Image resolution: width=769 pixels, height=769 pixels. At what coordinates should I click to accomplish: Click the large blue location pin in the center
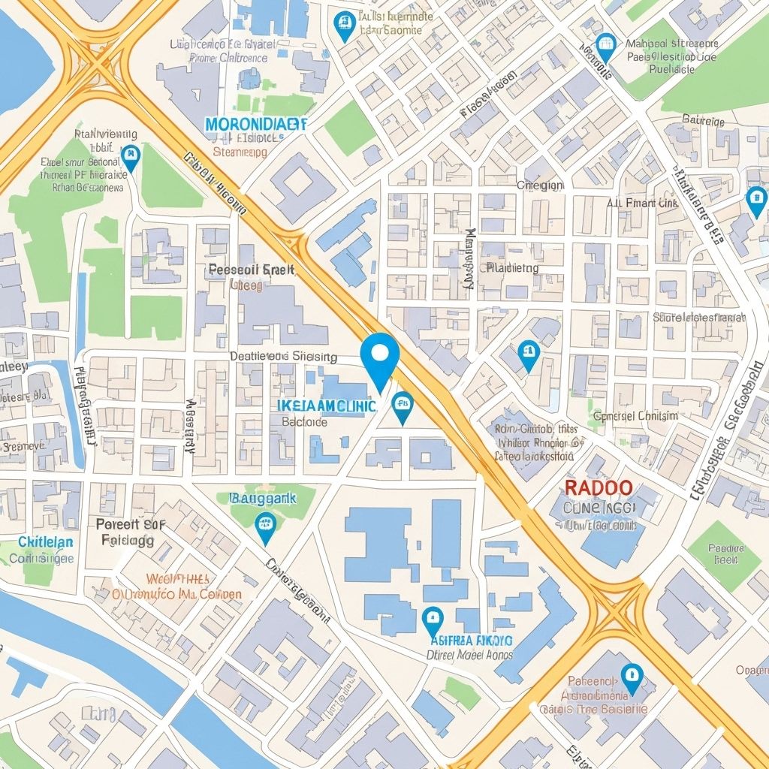pos(380,356)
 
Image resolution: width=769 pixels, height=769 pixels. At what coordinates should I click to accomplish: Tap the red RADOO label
pos(598,487)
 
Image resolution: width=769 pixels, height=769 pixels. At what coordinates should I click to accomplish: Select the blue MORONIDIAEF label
pos(256,123)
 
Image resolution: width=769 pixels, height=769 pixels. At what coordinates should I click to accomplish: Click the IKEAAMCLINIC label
pos(326,406)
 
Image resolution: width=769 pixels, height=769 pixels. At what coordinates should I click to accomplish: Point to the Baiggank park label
pos(262,497)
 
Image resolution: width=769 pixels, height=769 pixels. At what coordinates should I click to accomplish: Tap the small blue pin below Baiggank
pos(265,526)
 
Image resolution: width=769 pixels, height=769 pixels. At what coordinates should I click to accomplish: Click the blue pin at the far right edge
pos(756,200)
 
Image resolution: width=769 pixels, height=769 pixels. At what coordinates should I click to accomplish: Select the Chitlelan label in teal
pos(45,541)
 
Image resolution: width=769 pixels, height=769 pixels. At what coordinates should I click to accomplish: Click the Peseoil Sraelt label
pos(251,270)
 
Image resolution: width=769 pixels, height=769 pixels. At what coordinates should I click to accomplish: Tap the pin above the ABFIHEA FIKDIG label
pos(431,620)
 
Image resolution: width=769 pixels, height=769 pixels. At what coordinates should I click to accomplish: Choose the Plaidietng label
pos(512,267)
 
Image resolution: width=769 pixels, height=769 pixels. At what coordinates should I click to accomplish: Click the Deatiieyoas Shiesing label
pos(283,357)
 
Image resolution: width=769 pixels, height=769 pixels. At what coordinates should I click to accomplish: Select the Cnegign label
pos(540,185)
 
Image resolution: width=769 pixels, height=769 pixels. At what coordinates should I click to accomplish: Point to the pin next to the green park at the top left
pos(131,158)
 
